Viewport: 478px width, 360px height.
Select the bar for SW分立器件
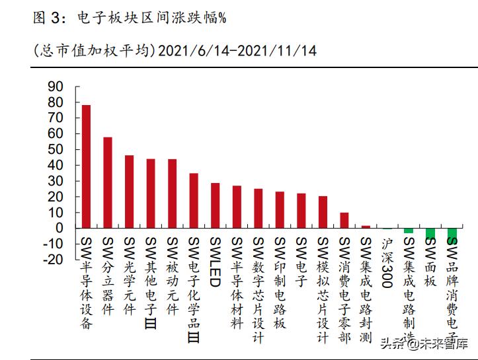[108, 183]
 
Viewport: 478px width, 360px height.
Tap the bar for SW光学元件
[130, 192]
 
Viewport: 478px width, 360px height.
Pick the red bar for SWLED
[216, 205]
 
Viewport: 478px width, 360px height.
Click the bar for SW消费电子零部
[344, 220]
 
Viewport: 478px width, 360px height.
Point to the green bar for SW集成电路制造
[409, 231]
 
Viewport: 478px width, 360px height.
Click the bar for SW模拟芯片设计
[323, 212]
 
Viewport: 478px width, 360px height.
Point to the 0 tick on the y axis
[59, 229]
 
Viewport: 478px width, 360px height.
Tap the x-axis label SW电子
[301, 262]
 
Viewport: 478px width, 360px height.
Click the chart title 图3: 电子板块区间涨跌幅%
[130, 18]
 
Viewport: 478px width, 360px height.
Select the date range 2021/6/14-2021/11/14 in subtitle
[237, 51]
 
